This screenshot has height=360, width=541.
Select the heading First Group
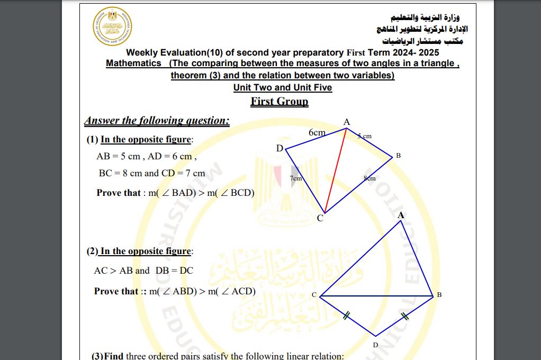[x=279, y=101]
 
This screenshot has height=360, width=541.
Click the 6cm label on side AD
[x=317, y=132]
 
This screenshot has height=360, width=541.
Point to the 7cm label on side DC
[x=296, y=178]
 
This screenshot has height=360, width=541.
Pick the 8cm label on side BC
[x=369, y=178]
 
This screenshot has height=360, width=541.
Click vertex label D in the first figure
[x=279, y=148]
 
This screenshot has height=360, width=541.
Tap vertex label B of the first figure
[x=398, y=156]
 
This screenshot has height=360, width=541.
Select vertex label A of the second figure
[x=401, y=215]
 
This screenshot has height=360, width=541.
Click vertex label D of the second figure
[x=375, y=345]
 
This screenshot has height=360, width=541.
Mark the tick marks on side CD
[x=346, y=317]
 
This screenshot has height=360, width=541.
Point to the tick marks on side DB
[x=405, y=317]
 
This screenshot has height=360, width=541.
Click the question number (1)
[x=92, y=140]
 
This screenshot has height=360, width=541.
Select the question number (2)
[x=92, y=251]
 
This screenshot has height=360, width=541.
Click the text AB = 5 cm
[x=118, y=157]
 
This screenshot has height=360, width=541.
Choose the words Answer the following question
[x=157, y=121]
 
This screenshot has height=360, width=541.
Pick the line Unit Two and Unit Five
[x=283, y=87]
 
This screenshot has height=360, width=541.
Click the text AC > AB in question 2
[x=113, y=271]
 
